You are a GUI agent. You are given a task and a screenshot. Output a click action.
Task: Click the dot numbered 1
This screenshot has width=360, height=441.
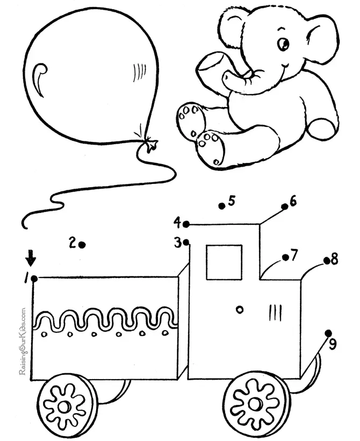34,278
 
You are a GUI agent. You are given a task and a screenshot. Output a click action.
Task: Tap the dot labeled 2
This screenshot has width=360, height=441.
82,245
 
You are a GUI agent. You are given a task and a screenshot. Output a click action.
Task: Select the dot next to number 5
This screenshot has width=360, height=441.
221,205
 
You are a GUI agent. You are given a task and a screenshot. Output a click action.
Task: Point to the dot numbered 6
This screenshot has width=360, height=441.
285,206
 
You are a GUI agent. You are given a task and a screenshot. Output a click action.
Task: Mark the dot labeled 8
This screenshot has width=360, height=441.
326,261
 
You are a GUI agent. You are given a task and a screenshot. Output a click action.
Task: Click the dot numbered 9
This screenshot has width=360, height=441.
328,333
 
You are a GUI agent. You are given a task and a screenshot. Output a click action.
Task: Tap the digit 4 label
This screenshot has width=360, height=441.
177,222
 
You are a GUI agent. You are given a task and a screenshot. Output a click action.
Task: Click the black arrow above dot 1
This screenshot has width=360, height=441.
31,259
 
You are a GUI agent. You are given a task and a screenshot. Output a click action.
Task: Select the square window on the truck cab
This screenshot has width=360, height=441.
224,262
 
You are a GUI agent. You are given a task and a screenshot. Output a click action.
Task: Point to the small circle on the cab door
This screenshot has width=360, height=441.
240,309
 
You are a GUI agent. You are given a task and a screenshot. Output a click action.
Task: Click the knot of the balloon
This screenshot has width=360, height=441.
148,144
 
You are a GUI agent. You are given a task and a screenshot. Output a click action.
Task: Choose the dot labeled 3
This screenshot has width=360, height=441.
186,243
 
